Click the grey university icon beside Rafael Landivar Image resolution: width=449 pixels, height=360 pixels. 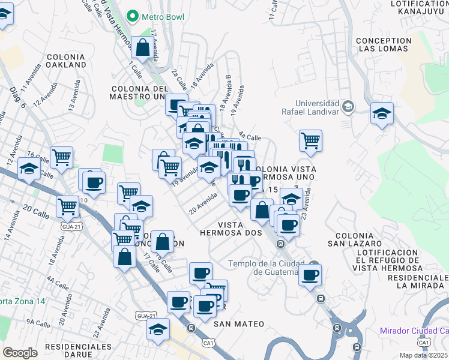coord(348,107)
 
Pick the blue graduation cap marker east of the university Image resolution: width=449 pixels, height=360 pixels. coord(382,113)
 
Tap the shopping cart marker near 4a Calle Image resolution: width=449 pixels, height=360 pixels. coord(310,141)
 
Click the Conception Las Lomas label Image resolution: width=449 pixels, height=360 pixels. coord(384,45)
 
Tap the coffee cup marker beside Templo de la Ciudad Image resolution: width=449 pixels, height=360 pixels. coord(310,275)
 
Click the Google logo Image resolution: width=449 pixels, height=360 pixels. coord(20,353)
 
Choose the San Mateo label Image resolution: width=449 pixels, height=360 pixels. coord(239,324)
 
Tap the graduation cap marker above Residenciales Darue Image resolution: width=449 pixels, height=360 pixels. coord(158,329)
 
